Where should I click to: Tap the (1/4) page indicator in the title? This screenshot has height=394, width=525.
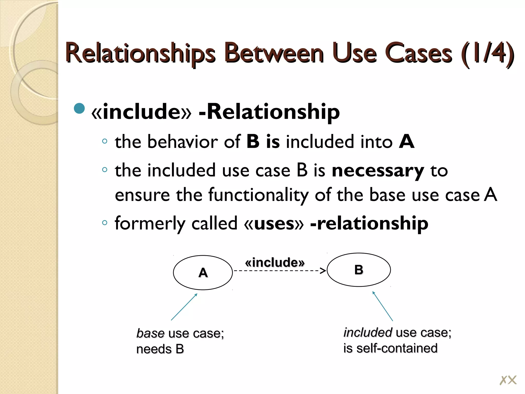487,53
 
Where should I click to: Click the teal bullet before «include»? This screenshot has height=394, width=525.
79,109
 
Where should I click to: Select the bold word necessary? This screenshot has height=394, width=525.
378,171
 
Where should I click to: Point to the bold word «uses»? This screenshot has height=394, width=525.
274,223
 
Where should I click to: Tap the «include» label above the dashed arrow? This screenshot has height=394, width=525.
275,262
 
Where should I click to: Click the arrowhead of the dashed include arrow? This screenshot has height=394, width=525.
324,271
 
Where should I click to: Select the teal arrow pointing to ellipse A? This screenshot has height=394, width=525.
184,307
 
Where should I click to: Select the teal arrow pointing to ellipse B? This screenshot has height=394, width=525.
382,306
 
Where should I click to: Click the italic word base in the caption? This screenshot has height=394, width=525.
150,333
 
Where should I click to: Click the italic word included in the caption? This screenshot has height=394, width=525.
368,333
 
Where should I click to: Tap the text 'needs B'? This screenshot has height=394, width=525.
160,349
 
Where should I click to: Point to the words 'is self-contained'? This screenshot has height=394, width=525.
390,348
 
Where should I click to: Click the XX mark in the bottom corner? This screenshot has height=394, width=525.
508,380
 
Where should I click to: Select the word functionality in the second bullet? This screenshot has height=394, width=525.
258,195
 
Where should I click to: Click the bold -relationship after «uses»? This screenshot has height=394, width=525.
369,223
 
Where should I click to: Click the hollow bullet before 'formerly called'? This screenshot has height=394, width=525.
104,223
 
